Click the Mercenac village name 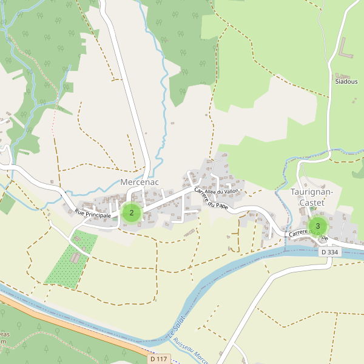140,181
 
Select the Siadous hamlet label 346,81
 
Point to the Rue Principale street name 93,214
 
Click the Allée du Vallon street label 222,191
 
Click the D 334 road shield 329,252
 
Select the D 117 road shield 157,359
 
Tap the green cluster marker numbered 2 132,213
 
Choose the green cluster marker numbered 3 317,226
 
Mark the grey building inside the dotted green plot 75,258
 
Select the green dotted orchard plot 67,267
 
